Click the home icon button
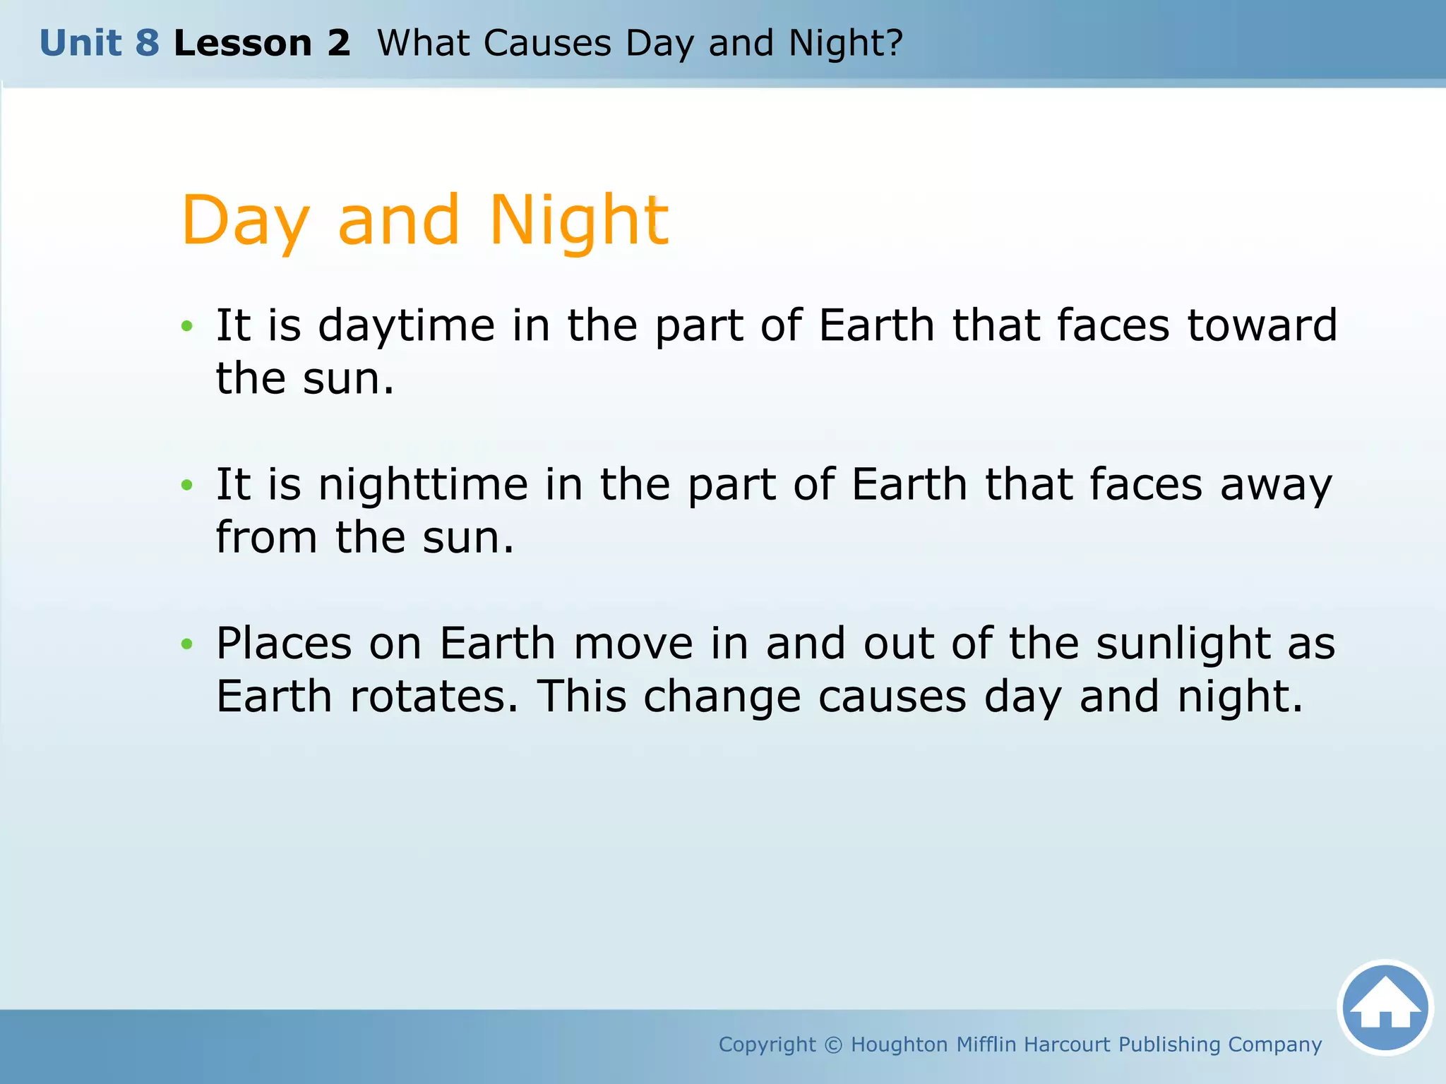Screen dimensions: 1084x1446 pos(1385,1008)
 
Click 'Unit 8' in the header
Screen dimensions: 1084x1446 pos(100,43)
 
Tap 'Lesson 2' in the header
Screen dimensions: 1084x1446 pos(262,43)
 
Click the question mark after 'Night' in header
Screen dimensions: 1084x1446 pos(895,42)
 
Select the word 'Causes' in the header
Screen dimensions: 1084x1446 pos(547,43)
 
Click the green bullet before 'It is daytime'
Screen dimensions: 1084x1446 pos(186,326)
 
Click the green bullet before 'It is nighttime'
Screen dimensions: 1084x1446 pos(186,485)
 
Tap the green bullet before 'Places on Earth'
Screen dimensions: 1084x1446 pos(186,644)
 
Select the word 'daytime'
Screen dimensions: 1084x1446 pos(407,327)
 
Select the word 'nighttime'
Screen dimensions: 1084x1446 pos(423,485)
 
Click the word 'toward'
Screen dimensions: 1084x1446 pos(1262,325)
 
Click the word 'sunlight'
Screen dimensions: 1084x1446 pos(1183,644)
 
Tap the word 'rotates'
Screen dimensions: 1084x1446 pos(434,697)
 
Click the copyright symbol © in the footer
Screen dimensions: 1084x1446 pos(833,1044)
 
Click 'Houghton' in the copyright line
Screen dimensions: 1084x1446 pos(899,1044)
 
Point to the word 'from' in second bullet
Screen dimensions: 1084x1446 pos(266,538)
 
